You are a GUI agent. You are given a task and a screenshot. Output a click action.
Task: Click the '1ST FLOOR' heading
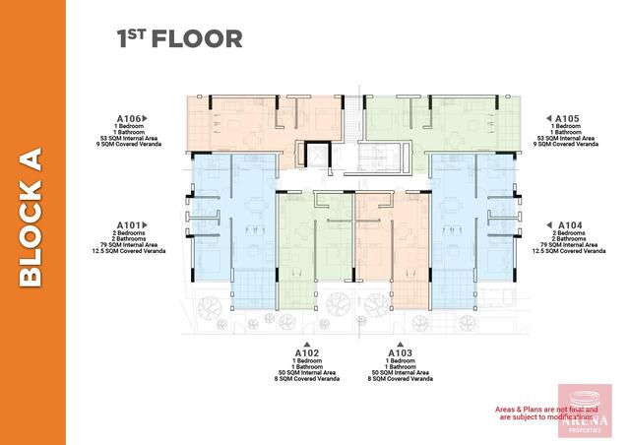tap(179, 38)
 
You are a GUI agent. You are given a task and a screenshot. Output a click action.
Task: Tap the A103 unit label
tap(400, 351)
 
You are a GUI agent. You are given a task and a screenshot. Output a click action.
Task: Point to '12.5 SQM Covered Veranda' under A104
tap(566, 251)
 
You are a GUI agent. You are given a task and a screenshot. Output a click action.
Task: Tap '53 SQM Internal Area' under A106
tap(132, 138)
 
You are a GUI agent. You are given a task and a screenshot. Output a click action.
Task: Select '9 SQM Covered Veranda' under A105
tap(566, 145)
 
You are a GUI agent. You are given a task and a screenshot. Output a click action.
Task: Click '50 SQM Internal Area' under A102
tap(306, 371)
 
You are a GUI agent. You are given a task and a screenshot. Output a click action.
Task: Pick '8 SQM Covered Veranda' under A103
tap(400, 378)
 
